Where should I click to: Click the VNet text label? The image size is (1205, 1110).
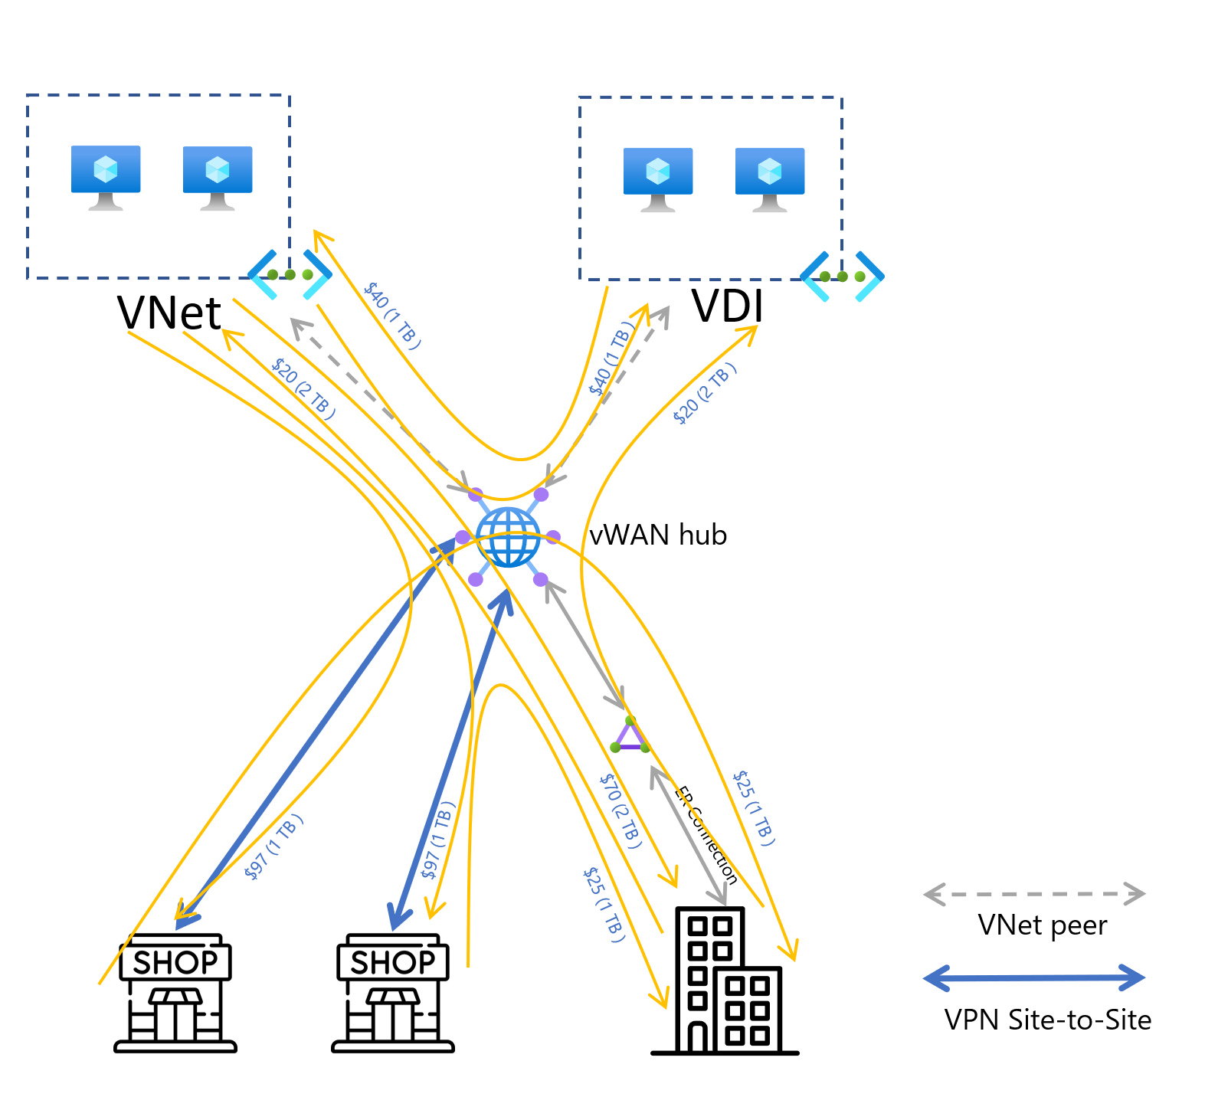(x=169, y=313)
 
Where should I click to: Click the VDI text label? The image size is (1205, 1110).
(x=727, y=306)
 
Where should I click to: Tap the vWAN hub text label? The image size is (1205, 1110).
(x=657, y=535)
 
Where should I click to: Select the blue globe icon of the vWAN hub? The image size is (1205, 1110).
(x=508, y=537)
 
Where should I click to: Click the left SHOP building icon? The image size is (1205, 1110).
(x=175, y=993)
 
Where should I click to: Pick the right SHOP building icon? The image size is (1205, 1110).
(x=393, y=993)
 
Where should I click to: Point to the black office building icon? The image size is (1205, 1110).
(x=724, y=981)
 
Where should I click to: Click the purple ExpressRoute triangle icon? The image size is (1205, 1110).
(x=630, y=736)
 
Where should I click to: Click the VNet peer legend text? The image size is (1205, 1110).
(x=1042, y=925)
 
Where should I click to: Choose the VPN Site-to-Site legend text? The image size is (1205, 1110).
(x=1047, y=1020)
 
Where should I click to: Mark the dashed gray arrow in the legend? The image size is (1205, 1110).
(x=1034, y=894)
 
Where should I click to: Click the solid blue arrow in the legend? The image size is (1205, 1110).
(x=1034, y=978)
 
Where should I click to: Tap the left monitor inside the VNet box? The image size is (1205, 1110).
(x=106, y=177)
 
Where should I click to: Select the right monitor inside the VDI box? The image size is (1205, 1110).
(x=769, y=179)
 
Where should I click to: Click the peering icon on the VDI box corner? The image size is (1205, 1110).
(x=842, y=277)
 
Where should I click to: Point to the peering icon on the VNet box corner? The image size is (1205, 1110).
(x=290, y=274)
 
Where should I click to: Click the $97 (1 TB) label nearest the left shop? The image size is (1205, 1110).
(x=273, y=847)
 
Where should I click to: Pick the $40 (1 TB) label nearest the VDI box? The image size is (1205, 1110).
(x=611, y=359)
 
